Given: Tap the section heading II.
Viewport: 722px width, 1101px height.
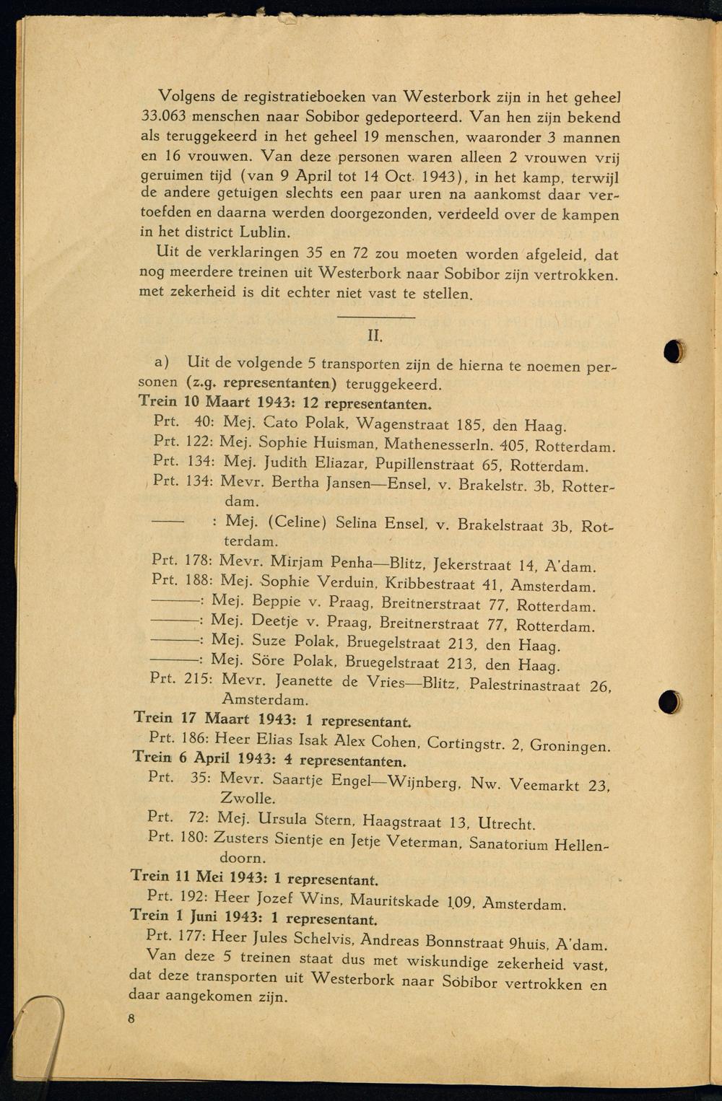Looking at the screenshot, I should [374, 336].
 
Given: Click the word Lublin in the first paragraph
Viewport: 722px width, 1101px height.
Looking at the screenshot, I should [266, 233].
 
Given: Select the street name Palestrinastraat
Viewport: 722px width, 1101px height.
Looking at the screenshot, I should [524, 684].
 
